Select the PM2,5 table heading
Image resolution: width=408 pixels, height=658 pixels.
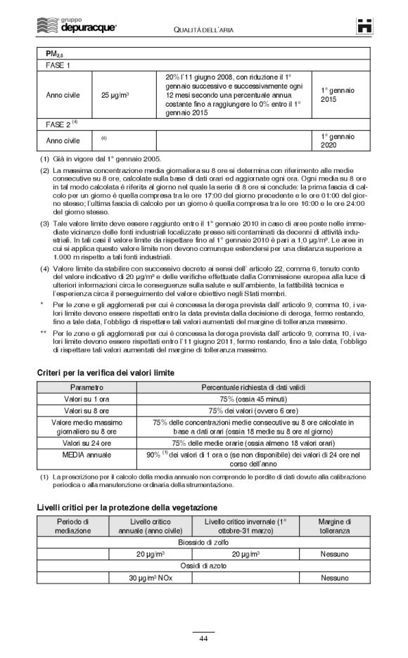pos(56,53)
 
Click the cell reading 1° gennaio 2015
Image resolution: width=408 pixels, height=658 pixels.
pos(338,95)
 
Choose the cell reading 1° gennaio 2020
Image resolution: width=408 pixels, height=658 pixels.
pos(338,141)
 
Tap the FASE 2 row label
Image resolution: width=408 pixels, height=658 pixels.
pos(62,124)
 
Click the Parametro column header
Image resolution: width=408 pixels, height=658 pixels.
pos(87,387)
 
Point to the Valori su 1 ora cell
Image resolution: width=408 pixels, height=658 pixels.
pos(87,399)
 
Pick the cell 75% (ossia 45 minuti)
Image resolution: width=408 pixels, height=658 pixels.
pos(253,399)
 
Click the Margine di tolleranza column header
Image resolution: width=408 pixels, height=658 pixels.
pos(336,526)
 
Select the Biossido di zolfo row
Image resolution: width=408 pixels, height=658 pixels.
pos(203,543)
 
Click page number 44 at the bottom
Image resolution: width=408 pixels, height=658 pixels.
pos(203,638)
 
